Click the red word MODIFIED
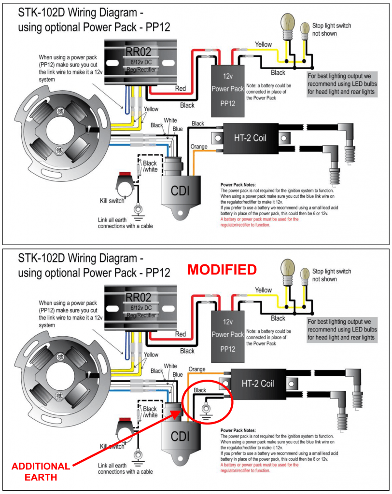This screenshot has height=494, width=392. coord(222,270)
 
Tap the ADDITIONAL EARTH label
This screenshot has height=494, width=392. coord(41,472)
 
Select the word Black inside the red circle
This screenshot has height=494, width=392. coord(200,390)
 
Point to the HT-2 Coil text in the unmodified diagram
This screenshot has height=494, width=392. coord(250,138)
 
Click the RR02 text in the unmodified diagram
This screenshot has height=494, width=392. coord(138,52)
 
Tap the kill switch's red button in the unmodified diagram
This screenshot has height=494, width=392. coord(125,174)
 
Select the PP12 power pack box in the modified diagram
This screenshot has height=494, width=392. coord(228,336)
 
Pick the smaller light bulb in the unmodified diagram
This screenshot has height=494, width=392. coord(305,31)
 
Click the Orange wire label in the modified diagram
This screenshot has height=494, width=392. coord(197,369)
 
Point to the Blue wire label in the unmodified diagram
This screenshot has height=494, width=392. coord(178,129)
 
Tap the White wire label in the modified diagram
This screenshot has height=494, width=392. coord(170,366)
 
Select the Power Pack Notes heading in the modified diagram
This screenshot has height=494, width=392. coord(238,430)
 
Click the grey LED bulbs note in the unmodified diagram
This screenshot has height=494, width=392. coord(342,84)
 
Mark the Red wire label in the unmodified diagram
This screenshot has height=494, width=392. coord(181,89)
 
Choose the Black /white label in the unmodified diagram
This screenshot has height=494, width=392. coord(150,166)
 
